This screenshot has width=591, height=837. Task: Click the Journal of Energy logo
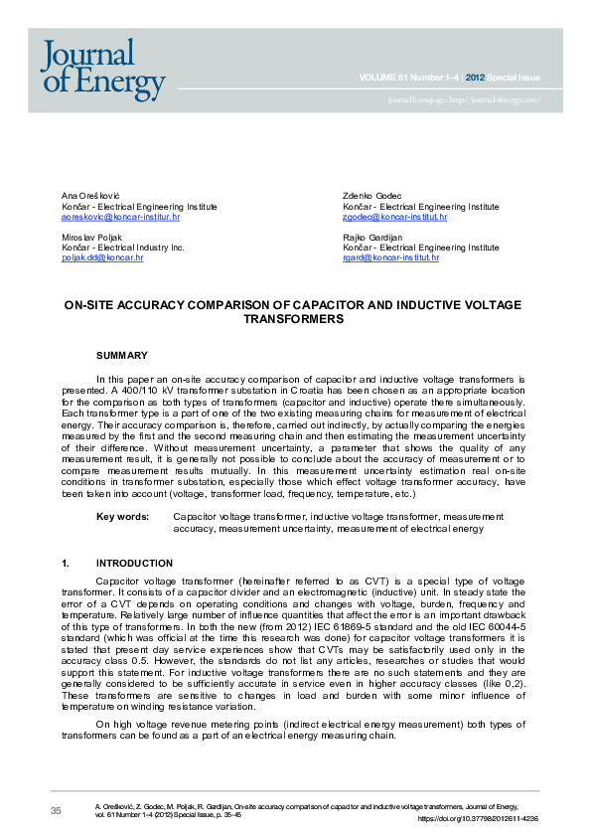tap(102, 69)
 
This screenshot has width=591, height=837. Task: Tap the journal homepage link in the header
tap(464, 99)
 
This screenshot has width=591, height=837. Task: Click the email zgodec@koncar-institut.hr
tap(394, 216)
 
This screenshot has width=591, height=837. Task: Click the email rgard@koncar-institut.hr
tap(390, 257)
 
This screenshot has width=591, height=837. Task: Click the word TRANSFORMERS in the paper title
tap(293, 319)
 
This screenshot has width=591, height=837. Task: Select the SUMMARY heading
tap(121, 355)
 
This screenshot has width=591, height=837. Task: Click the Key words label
tap(122, 517)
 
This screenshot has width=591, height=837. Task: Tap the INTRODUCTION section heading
tap(141, 563)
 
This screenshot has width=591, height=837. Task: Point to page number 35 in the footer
tap(56, 811)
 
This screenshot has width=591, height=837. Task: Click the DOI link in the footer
tap(477, 818)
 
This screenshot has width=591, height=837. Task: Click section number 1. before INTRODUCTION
tap(66, 563)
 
